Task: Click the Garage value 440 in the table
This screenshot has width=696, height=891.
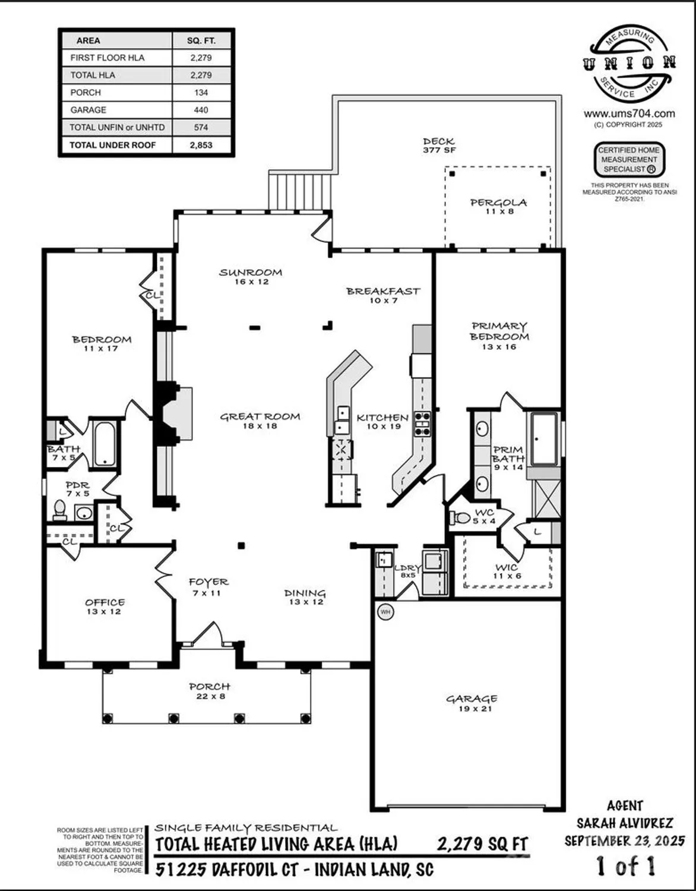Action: tap(201, 110)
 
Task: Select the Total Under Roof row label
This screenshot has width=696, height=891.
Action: tap(112, 145)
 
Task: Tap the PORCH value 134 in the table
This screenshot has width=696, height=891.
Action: tap(201, 93)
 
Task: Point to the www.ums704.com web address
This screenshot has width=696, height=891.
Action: tap(629, 114)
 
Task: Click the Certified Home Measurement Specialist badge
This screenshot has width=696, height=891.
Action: tap(629, 160)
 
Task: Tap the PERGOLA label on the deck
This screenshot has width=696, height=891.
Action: tap(498, 203)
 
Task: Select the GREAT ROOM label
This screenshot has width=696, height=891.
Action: tap(260, 417)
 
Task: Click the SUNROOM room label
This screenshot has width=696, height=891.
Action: tap(251, 273)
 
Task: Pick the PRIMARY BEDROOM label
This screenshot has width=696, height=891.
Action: tap(499, 331)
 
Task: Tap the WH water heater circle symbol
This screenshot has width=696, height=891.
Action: tap(385, 612)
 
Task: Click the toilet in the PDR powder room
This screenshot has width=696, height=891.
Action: tap(59, 509)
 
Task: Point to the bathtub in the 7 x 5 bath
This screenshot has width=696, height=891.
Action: tap(105, 444)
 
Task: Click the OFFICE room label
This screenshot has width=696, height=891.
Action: tap(105, 603)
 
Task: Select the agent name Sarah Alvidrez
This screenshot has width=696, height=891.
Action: tap(625, 823)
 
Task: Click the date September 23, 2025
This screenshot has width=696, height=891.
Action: tap(625, 841)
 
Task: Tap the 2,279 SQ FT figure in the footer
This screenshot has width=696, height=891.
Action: tap(482, 844)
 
